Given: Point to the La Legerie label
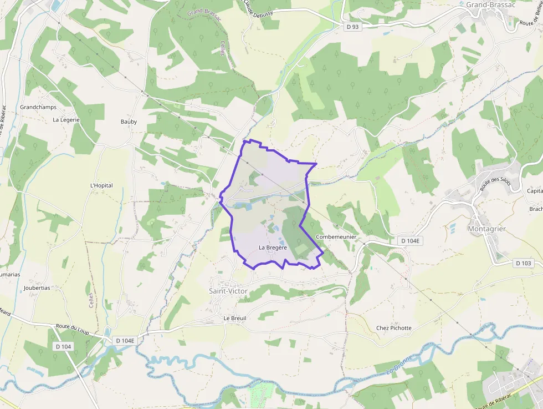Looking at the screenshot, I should [66, 119].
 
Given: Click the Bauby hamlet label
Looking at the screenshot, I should [129, 122].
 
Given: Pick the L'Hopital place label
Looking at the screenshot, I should [101, 185].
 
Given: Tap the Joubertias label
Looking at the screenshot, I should [37, 288].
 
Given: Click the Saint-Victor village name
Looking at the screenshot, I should [228, 291].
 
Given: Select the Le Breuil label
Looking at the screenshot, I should [234, 318].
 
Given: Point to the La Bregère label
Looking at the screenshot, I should [273, 247].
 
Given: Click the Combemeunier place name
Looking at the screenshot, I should [336, 237].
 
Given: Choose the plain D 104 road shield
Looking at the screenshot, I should [64, 346].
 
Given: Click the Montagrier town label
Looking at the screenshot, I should [487, 229].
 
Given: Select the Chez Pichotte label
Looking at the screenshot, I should [394, 327].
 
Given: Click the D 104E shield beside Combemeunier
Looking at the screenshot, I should [411, 241].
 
